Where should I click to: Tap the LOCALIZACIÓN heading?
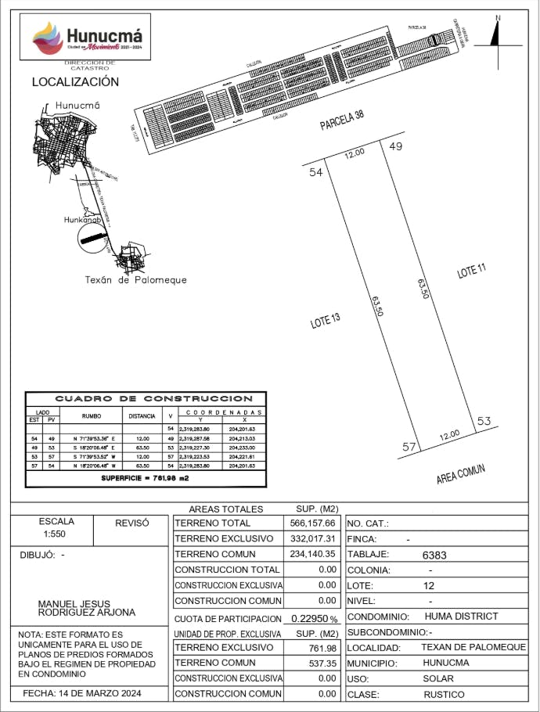pyautogui.click(x=75, y=82)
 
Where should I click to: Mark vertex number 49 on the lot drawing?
pyautogui.click(x=395, y=146)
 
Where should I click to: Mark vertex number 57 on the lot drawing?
pyautogui.click(x=408, y=447)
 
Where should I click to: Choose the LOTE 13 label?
pyautogui.click(x=326, y=320)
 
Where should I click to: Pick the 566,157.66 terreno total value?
pyautogui.click(x=311, y=523)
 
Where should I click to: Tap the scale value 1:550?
pyautogui.click(x=56, y=536)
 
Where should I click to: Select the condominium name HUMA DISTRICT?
pyautogui.click(x=461, y=617)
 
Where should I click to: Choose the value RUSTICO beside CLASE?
pyautogui.click(x=444, y=695)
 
